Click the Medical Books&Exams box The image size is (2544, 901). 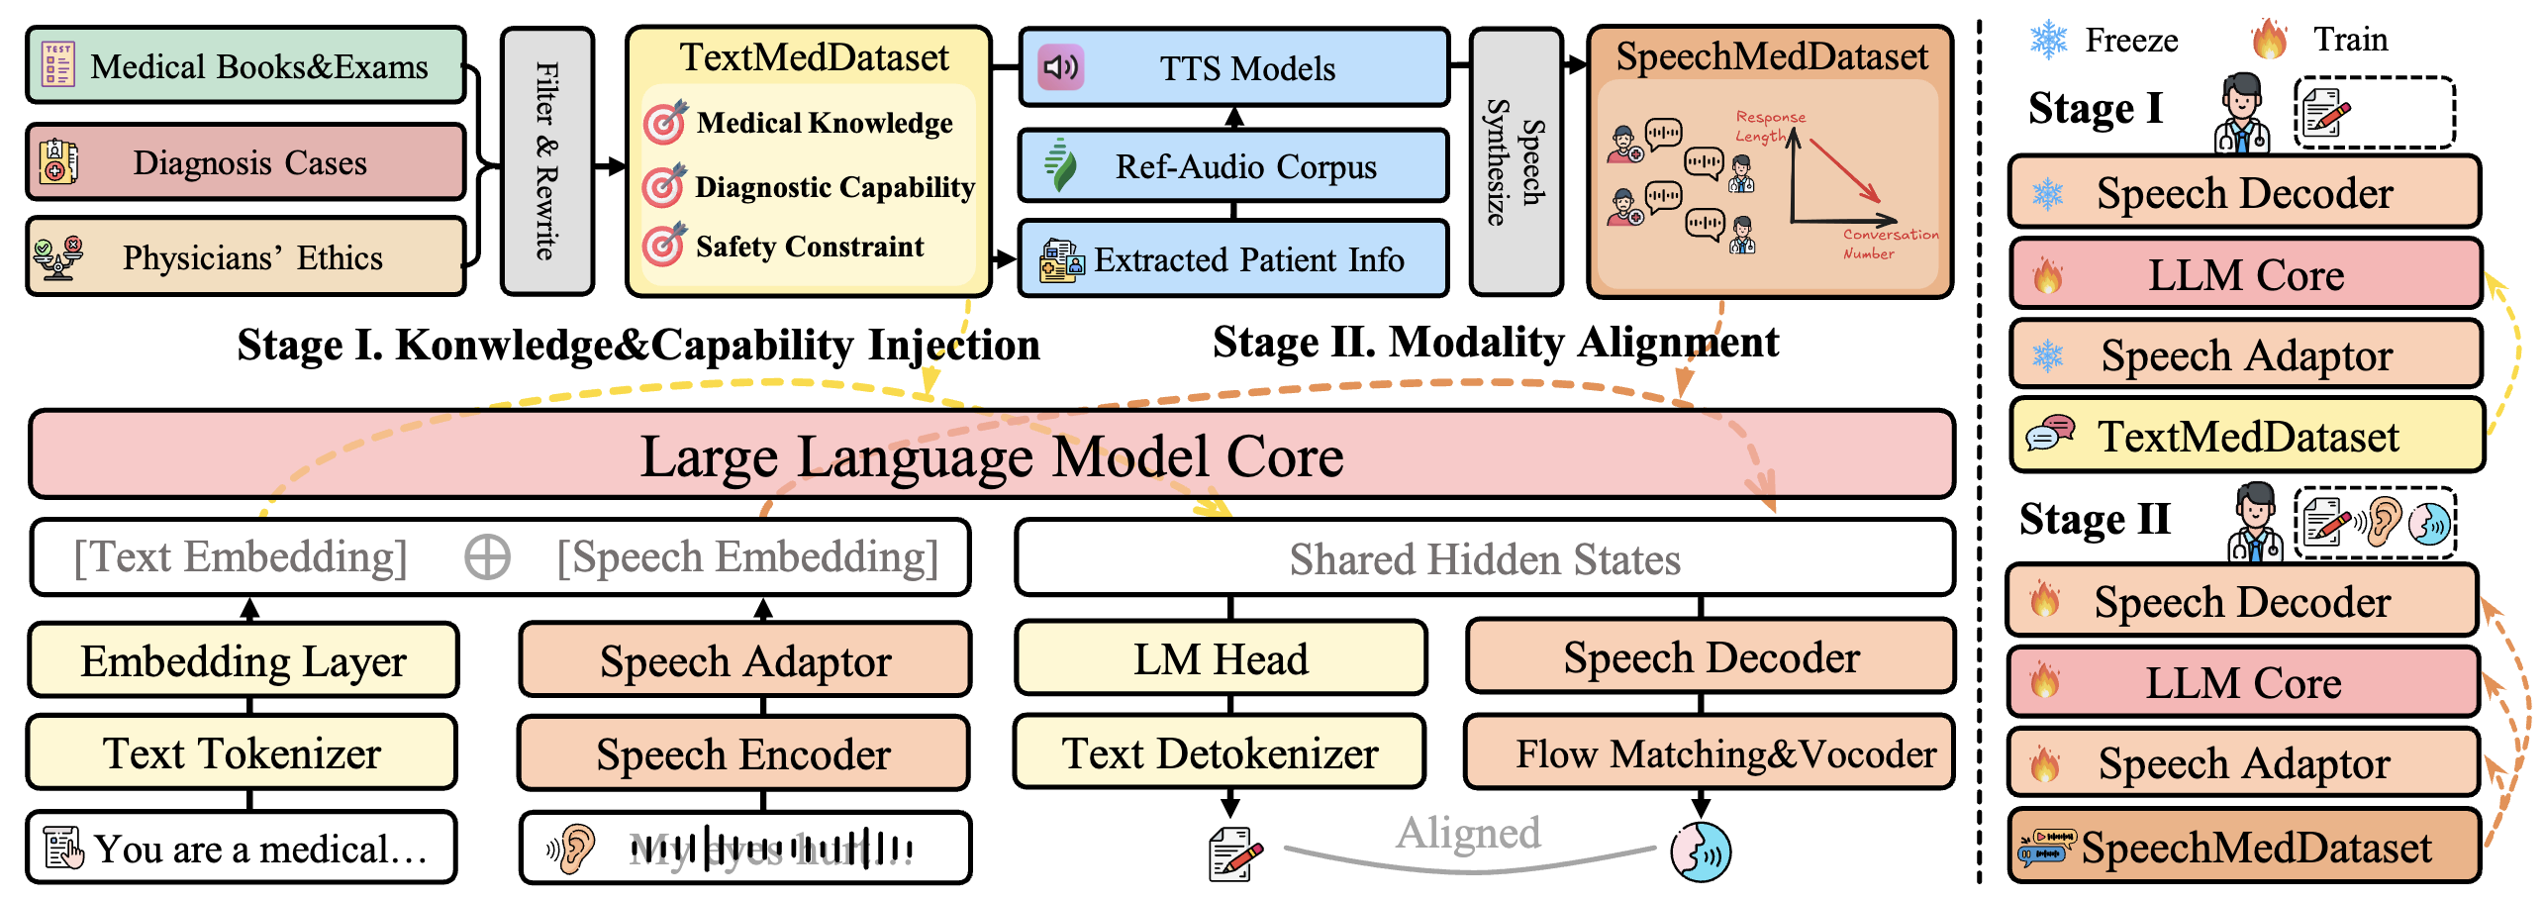pyautogui.click(x=245, y=66)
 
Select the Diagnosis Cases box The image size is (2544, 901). pyautogui.click(x=245, y=162)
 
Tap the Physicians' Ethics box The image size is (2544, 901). pyautogui.click(x=245, y=257)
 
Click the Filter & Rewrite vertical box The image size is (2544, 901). pyautogui.click(x=547, y=161)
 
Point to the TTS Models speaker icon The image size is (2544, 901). pyautogui.click(x=1060, y=67)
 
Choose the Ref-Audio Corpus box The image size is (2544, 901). pyautogui.click(x=1233, y=166)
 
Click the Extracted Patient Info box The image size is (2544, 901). pyautogui.click(x=1233, y=259)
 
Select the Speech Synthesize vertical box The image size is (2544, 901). pyautogui.click(x=1516, y=161)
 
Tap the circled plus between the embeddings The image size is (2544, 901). pyautogui.click(x=487, y=557)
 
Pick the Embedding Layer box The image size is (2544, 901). pyautogui.click(x=244, y=660)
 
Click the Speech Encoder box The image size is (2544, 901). pyautogui.click(x=743, y=753)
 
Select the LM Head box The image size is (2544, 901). pyautogui.click(x=1221, y=658)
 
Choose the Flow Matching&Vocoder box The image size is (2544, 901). pyautogui.click(x=1710, y=753)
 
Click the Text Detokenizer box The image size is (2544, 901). pyautogui.click(x=1220, y=753)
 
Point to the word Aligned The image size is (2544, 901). pyautogui.click(x=1468, y=833)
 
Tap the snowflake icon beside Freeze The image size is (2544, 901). pyautogui.click(x=2048, y=40)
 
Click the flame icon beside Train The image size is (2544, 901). pyautogui.click(x=2269, y=40)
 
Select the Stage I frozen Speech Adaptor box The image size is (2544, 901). pyautogui.click(x=2245, y=354)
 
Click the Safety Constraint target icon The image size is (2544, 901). pyautogui.click(x=663, y=245)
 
